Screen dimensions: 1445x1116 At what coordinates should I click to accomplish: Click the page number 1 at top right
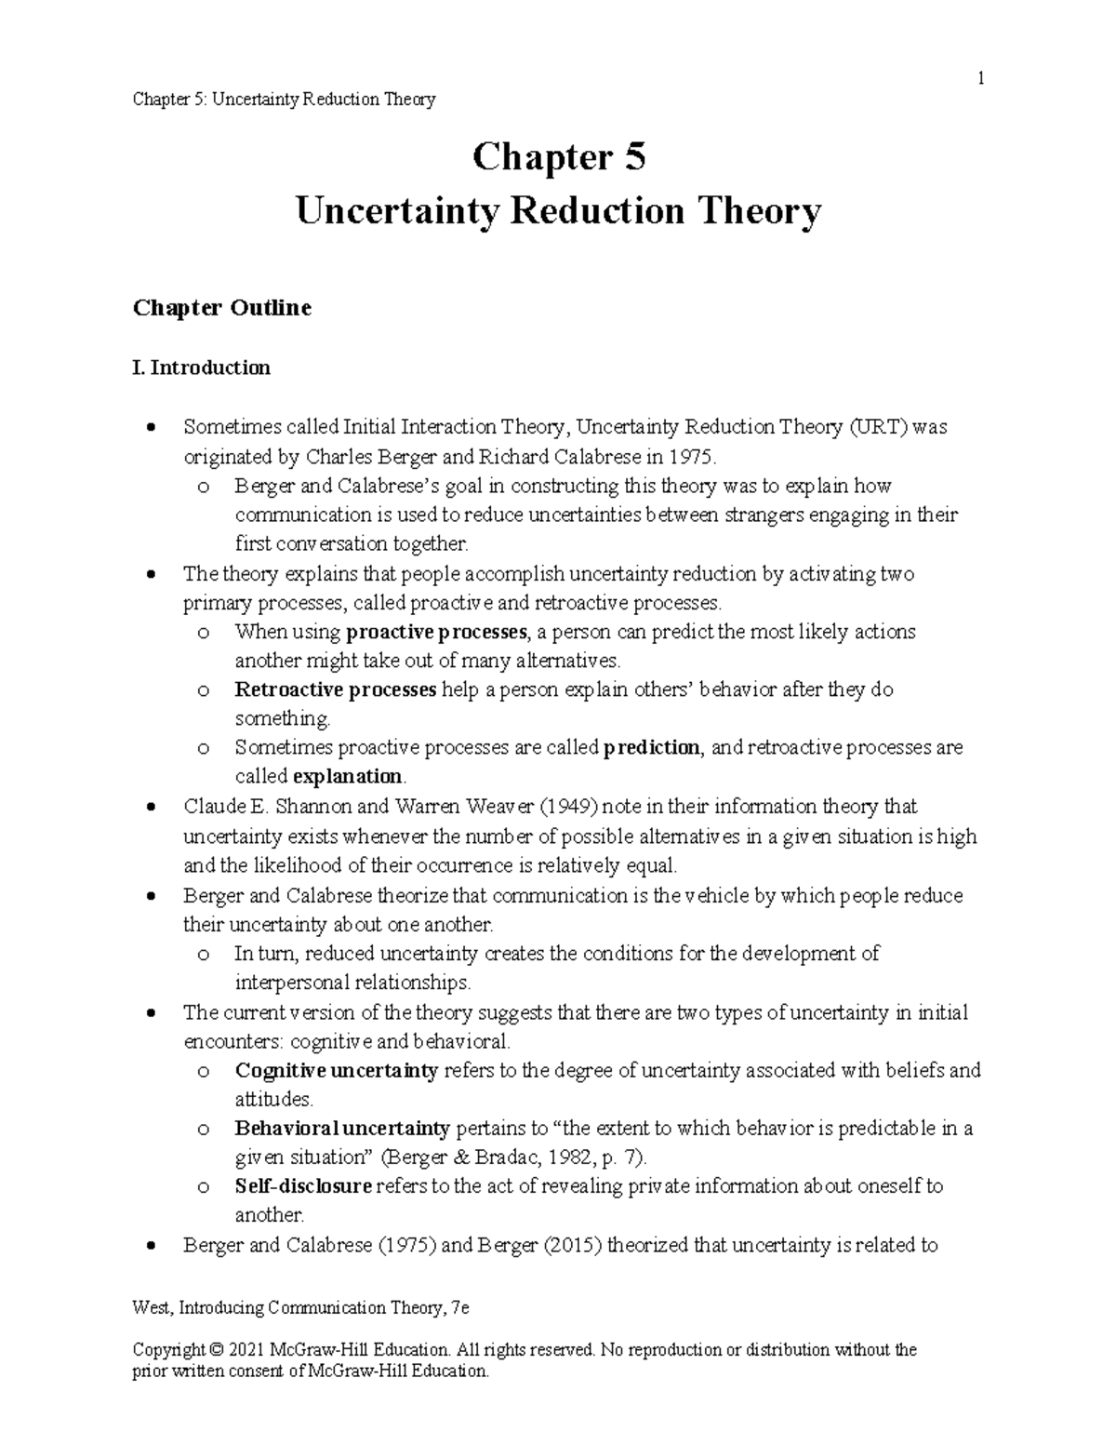(979, 79)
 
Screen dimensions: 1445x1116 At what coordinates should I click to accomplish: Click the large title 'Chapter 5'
(558, 157)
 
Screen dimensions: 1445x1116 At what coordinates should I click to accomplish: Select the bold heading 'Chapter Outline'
(221, 308)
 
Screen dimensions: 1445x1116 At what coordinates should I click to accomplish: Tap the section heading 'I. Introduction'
(202, 368)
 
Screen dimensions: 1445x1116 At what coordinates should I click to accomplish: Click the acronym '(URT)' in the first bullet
(876, 427)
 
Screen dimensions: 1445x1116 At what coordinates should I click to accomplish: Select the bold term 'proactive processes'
(436, 633)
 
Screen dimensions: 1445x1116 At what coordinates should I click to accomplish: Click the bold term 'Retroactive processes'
(336, 690)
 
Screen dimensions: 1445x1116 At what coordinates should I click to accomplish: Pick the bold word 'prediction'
(651, 748)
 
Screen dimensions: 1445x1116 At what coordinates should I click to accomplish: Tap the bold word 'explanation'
(348, 777)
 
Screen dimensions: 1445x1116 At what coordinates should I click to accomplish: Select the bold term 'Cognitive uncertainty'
(336, 1070)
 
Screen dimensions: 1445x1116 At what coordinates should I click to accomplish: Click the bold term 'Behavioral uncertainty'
(342, 1129)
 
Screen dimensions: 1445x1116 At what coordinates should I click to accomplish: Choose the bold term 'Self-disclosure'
(303, 1186)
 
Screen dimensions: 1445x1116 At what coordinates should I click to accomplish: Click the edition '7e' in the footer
(458, 1308)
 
